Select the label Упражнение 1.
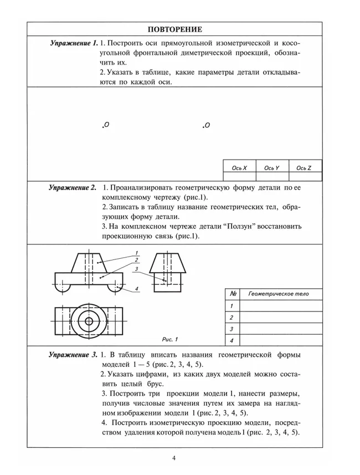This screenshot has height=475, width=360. (74, 43)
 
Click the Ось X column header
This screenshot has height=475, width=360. (239, 167)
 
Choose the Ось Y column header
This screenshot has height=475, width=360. (271, 167)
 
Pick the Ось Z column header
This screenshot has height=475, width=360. (304, 167)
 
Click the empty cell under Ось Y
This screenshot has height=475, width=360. (271, 176)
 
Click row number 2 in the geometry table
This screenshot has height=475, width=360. (232, 318)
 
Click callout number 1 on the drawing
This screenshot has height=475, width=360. (136, 253)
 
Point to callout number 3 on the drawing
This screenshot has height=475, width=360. (136, 268)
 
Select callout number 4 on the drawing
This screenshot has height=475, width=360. (136, 289)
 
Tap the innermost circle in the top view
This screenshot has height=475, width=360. (88, 321)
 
